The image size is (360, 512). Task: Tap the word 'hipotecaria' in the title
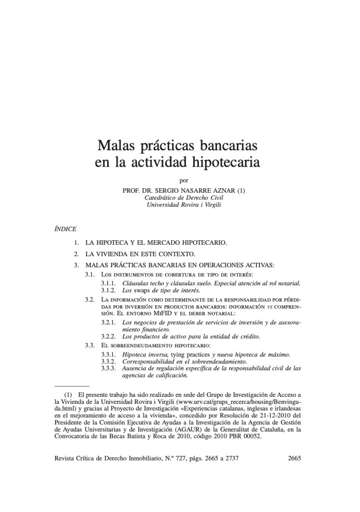point(227,163)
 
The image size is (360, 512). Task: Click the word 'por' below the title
point(184,181)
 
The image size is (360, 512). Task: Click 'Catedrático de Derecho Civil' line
point(184,197)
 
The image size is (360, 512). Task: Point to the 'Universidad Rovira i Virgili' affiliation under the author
point(184,205)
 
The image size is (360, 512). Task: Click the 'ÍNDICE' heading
point(65,229)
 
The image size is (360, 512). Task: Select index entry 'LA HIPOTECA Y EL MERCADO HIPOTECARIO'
point(156,243)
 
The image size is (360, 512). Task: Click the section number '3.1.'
point(90,275)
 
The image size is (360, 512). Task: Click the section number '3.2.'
point(90,299)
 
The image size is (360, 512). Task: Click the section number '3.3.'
point(90,346)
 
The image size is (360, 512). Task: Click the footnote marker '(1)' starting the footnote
point(69,395)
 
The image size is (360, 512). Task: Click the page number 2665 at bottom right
point(292,458)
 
